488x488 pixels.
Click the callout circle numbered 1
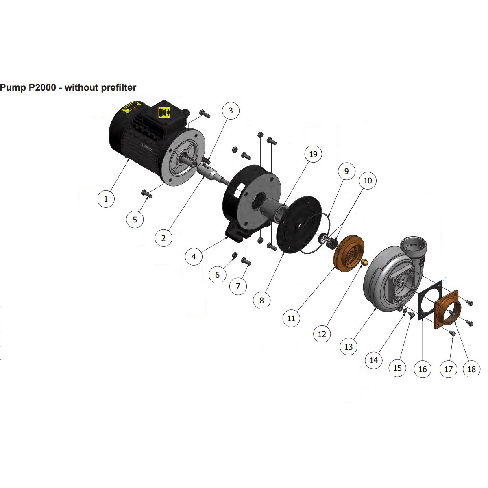point(106,199)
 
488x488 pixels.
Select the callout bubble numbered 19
point(313,154)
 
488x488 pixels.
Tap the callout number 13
point(349,347)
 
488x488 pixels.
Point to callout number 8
point(261,301)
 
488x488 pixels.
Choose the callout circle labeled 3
point(231,111)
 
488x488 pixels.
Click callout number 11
point(291,318)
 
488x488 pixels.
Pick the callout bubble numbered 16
point(423,369)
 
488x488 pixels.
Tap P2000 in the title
point(42,87)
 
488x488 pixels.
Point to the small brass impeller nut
point(364,262)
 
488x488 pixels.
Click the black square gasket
point(430,300)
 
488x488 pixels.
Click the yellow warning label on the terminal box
point(165,112)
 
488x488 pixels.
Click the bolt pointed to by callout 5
point(147,193)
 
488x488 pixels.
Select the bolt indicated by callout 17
point(452,333)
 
